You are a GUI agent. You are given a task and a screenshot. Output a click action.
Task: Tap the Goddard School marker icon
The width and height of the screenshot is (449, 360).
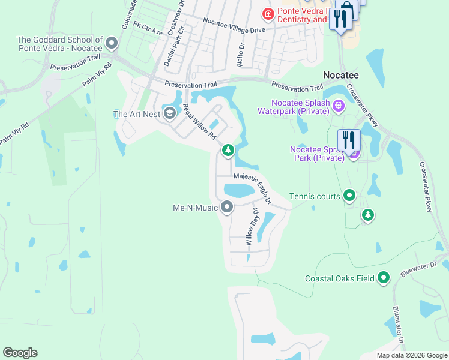[112, 43]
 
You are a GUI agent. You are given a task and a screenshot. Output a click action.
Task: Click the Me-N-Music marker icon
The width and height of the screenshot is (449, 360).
[227, 208]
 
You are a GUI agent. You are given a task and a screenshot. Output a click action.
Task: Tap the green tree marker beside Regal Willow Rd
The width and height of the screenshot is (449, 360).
[228, 150]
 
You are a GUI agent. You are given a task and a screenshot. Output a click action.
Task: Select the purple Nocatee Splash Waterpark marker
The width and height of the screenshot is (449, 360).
[338, 106]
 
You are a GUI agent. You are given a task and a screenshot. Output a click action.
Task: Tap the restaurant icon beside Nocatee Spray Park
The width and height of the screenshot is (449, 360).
[349, 141]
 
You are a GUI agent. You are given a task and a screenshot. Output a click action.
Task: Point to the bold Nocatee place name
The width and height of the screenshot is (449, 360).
[341, 75]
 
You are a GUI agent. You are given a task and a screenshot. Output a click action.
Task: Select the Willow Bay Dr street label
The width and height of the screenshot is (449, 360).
[251, 227]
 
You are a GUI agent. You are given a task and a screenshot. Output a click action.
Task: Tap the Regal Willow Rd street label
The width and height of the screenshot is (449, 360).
[199, 122]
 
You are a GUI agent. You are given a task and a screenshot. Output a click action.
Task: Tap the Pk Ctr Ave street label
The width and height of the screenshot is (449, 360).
[148, 28]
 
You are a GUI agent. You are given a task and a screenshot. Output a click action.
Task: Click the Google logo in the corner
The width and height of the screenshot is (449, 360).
[20, 353]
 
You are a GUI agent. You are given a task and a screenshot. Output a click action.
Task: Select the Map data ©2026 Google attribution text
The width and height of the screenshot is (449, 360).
[412, 355]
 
